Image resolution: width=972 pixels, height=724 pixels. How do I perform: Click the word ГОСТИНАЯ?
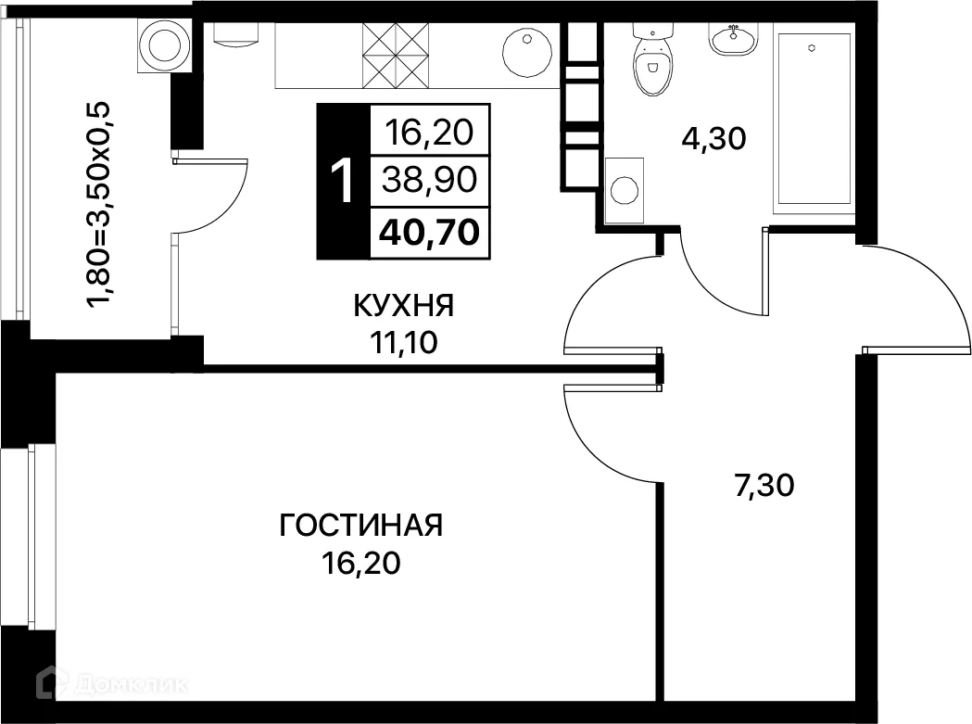[x=361, y=527]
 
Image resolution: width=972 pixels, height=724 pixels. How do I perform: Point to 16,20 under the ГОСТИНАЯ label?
[x=361, y=563]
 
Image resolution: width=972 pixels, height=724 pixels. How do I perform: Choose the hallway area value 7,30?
[x=764, y=485]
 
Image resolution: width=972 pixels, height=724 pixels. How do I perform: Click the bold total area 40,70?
[x=430, y=232]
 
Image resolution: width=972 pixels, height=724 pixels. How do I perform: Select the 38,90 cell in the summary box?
[x=430, y=181]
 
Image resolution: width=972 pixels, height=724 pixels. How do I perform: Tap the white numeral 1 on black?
[x=342, y=181]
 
